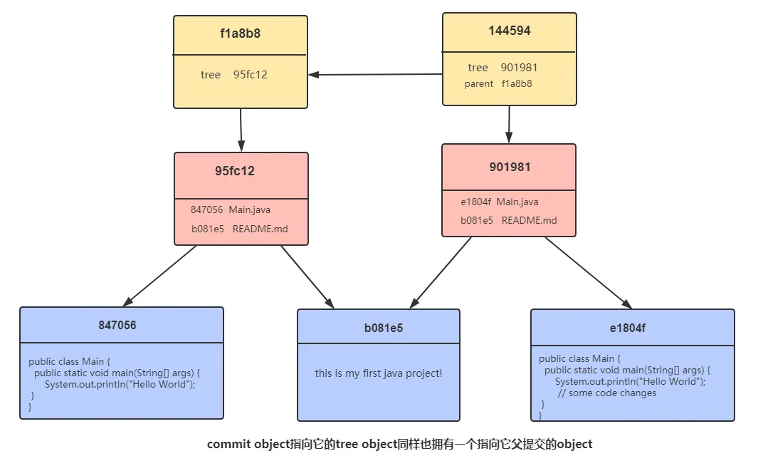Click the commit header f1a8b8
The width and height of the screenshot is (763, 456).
[x=240, y=33]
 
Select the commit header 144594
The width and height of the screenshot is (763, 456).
[x=509, y=31]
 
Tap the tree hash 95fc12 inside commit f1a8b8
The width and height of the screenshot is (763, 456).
[x=251, y=75]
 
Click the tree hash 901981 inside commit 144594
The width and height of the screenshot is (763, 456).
[x=519, y=68]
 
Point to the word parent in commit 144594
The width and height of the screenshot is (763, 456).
[x=478, y=83]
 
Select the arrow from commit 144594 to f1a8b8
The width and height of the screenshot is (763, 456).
[x=375, y=74]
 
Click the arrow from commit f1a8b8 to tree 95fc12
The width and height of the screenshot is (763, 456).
[x=241, y=130]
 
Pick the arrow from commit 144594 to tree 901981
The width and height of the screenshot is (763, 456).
[x=508, y=125]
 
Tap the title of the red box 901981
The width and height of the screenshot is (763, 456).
[x=510, y=167]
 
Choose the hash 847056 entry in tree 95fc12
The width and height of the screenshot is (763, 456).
[x=206, y=209]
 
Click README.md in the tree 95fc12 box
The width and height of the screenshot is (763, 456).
[x=260, y=229]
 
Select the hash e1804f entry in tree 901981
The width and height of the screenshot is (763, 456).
[x=475, y=202]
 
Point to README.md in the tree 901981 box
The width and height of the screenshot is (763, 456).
[x=529, y=220]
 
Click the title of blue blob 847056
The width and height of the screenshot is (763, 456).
[x=117, y=325]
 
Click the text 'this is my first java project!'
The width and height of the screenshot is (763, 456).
[x=379, y=373]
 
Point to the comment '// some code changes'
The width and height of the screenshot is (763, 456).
[x=607, y=393]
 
